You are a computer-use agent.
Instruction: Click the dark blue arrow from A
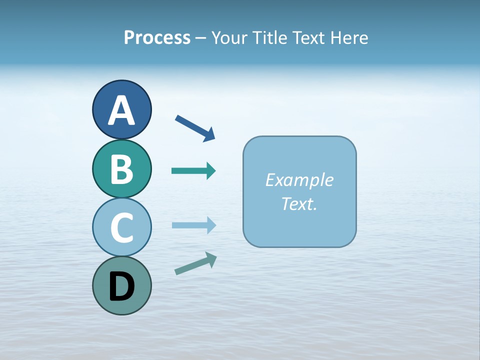195,127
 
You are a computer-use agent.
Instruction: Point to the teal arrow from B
193,171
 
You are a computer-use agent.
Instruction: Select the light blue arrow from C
193,225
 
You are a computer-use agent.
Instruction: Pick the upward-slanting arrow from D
195,263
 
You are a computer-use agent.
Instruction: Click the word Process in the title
157,38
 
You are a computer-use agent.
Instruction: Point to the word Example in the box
299,180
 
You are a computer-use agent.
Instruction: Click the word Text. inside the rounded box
299,203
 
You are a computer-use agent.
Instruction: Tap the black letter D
121,287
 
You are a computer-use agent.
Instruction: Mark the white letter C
121,228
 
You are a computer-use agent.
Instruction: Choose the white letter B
121,169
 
